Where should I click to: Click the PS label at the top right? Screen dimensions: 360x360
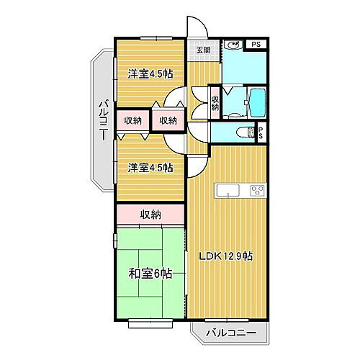point(255,45)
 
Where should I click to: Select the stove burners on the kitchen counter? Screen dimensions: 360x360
point(256,191)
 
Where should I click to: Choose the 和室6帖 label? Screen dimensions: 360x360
point(150,273)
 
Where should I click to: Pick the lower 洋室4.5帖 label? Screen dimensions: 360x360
point(150,168)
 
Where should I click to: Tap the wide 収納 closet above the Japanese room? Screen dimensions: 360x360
point(150,214)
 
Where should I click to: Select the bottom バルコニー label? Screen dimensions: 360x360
point(229,333)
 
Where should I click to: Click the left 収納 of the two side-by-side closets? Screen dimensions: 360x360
point(133,120)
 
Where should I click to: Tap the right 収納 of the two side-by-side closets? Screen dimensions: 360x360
point(168,120)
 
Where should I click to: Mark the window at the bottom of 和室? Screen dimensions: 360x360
point(150,318)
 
